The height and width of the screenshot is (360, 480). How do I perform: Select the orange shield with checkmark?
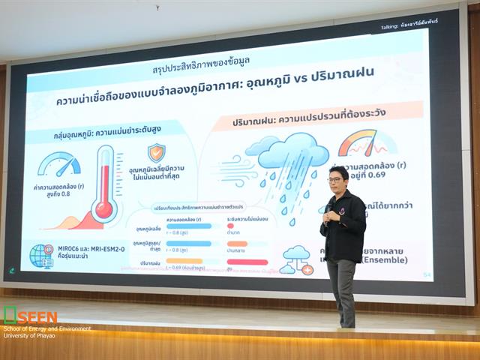click(156, 152)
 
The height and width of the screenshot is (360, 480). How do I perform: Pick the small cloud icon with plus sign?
click(295, 259)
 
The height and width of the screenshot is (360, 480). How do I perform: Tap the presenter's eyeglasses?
click(334, 180)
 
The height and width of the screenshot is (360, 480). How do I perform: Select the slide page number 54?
click(427, 275)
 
